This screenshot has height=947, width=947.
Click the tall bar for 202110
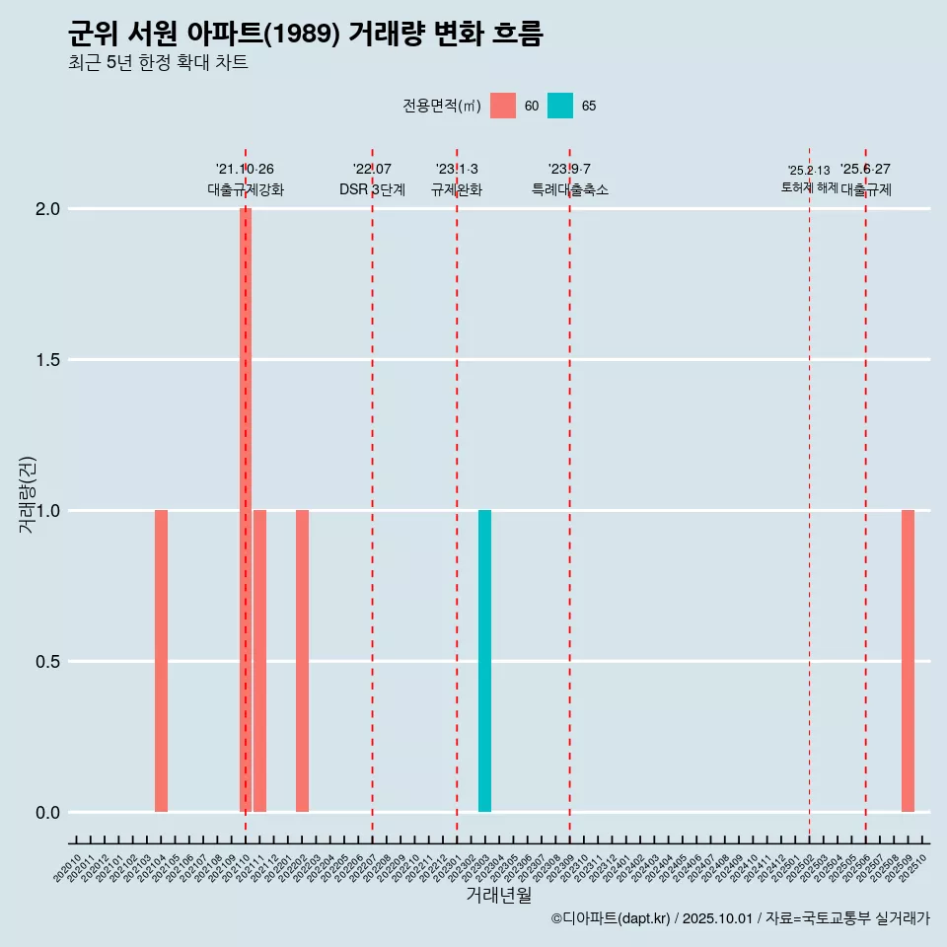pyautogui.click(x=246, y=509)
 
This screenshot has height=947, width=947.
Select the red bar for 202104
pyautogui.click(x=161, y=660)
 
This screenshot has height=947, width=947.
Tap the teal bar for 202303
pyautogui.click(x=484, y=660)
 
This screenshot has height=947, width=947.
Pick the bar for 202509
pyautogui.click(x=908, y=660)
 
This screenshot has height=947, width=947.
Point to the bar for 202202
pyautogui.click(x=302, y=660)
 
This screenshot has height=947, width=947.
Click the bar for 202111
pyautogui.click(x=259, y=660)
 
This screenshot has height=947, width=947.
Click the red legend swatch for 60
pyautogui.click(x=503, y=106)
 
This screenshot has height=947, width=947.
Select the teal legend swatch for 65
pyautogui.click(x=560, y=106)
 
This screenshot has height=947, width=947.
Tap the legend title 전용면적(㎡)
pyautogui.click(x=441, y=107)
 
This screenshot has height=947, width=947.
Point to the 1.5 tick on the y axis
pyautogui.click(x=45, y=360)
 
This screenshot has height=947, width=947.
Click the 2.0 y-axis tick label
pyautogui.click(x=45, y=209)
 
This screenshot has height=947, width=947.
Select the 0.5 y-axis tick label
pyautogui.click(x=45, y=662)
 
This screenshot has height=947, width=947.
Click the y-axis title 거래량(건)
pyautogui.click(x=28, y=494)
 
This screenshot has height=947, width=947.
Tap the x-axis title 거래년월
pyautogui.click(x=498, y=895)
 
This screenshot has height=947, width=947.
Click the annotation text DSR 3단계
pyautogui.click(x=372, y=189)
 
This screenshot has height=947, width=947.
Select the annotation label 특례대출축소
pyautogui.click(x=569, y=189)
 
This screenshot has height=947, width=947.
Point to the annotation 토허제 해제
pyautogui.click(x=809, y=187)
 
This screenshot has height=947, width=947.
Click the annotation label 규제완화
pyautogui.click(x=456, y=189)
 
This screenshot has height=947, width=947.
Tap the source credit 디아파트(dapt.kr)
pyautogui.click(x=612, y=918)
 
